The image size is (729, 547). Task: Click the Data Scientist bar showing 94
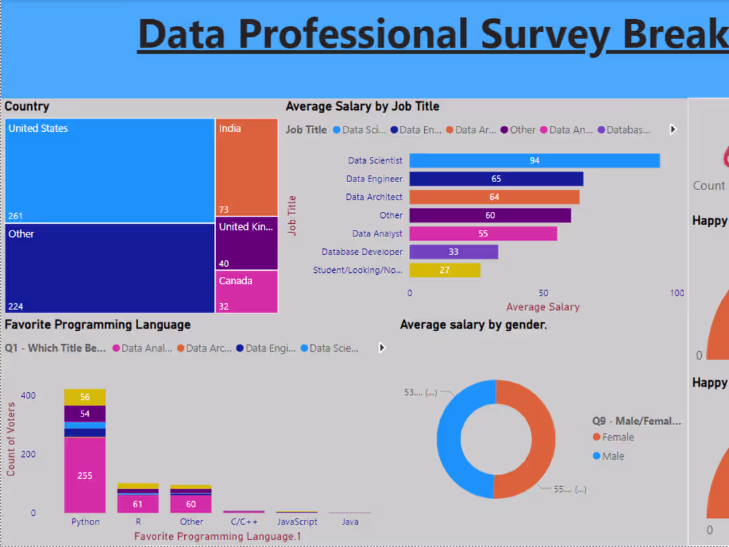pyautogui.click(x=534, y=161)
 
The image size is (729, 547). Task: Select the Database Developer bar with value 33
pyautogui.click(x=453, y=252)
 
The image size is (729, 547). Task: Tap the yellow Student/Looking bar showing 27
pyautogui.click(x=445, y=270)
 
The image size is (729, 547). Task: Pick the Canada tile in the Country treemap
pyautogui.click(x=247, y=291)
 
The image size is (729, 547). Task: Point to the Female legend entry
pyautogui.click(x=618, y=437)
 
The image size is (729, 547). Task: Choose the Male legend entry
pyautogui.click(x=613, y=456)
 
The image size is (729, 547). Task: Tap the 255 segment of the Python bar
pyautogui.click(x=85, y=475)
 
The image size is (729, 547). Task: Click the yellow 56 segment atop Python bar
pyautogui.click(x=85, y=397)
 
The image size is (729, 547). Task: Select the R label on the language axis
pyautogui.click(x=138, y=522)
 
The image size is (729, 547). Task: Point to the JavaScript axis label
pyautogui.click(x=297, y=522)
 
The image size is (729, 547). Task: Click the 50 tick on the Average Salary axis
pyautogui.click(x=543, y=293)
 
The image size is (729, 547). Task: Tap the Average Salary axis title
pyautogui.click(x=543, y=307)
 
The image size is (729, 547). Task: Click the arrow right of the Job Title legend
pyautogui.click(x=673, y=130)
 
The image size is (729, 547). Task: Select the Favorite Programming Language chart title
pyautogui.click(x=97, y=324)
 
